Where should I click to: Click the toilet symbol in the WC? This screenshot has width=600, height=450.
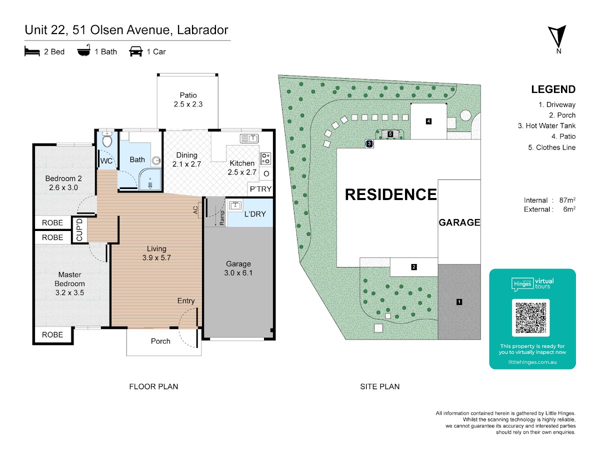[106, 140]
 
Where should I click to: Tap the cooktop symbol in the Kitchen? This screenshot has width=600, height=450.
[265, 158]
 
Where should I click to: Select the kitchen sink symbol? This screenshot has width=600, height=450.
[248, 138]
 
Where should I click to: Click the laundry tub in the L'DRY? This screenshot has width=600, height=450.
[235, 205]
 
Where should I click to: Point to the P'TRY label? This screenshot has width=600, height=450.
[260, 189]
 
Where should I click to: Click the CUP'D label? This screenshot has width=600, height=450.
[79, 230]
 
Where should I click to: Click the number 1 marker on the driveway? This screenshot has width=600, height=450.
[458, 301]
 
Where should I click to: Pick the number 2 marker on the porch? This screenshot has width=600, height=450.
[414, 267]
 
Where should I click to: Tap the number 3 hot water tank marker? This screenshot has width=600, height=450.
[369, 143]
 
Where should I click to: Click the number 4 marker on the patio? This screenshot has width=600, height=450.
[428, 121]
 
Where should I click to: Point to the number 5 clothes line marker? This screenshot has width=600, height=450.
[390, 133]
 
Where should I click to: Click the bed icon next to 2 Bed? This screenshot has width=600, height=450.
[32, 51]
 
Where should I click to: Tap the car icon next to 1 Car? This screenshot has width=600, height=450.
[135, 51]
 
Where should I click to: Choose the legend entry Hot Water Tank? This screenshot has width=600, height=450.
[546, 126]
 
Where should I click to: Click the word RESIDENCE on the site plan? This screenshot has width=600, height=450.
[390, 194]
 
